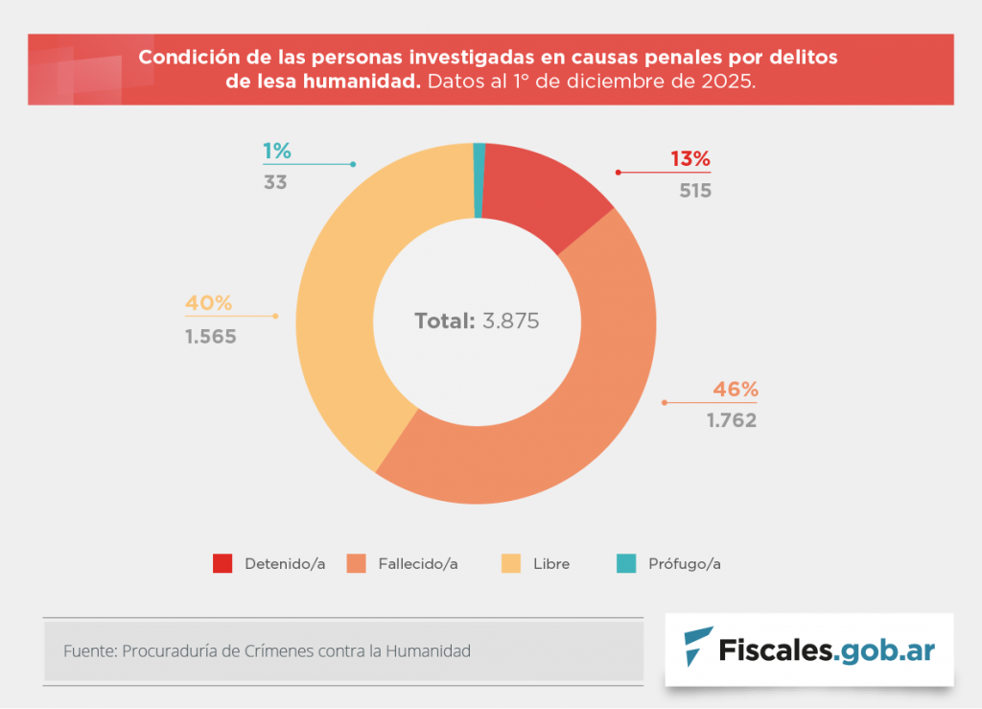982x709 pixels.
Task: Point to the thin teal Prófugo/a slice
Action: [x=479, y=180]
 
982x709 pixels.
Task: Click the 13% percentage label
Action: [x=690, y=159]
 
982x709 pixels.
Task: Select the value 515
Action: [x=694, y=190]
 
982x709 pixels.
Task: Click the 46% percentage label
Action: [x=736, y=390]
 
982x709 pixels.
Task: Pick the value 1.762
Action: [x=732, y=420]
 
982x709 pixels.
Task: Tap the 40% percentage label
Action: [x=209, y=303]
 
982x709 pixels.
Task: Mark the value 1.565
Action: [x=210, y=337]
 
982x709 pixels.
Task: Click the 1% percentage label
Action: [x=277, y=151]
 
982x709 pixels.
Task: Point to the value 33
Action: [x=275, y=181]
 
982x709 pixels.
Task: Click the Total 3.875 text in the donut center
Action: [x=477, y=320]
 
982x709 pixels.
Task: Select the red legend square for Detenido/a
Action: [x=222, y=563]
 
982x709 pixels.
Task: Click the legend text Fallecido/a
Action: [x=417, y=564]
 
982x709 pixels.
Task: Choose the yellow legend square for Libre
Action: [x=512, y=563]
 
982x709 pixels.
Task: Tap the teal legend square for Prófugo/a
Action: [x=626, y=563]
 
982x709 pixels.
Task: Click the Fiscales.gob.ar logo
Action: [x=809, y=650]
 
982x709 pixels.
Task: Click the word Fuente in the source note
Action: [x=88, y=650]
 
